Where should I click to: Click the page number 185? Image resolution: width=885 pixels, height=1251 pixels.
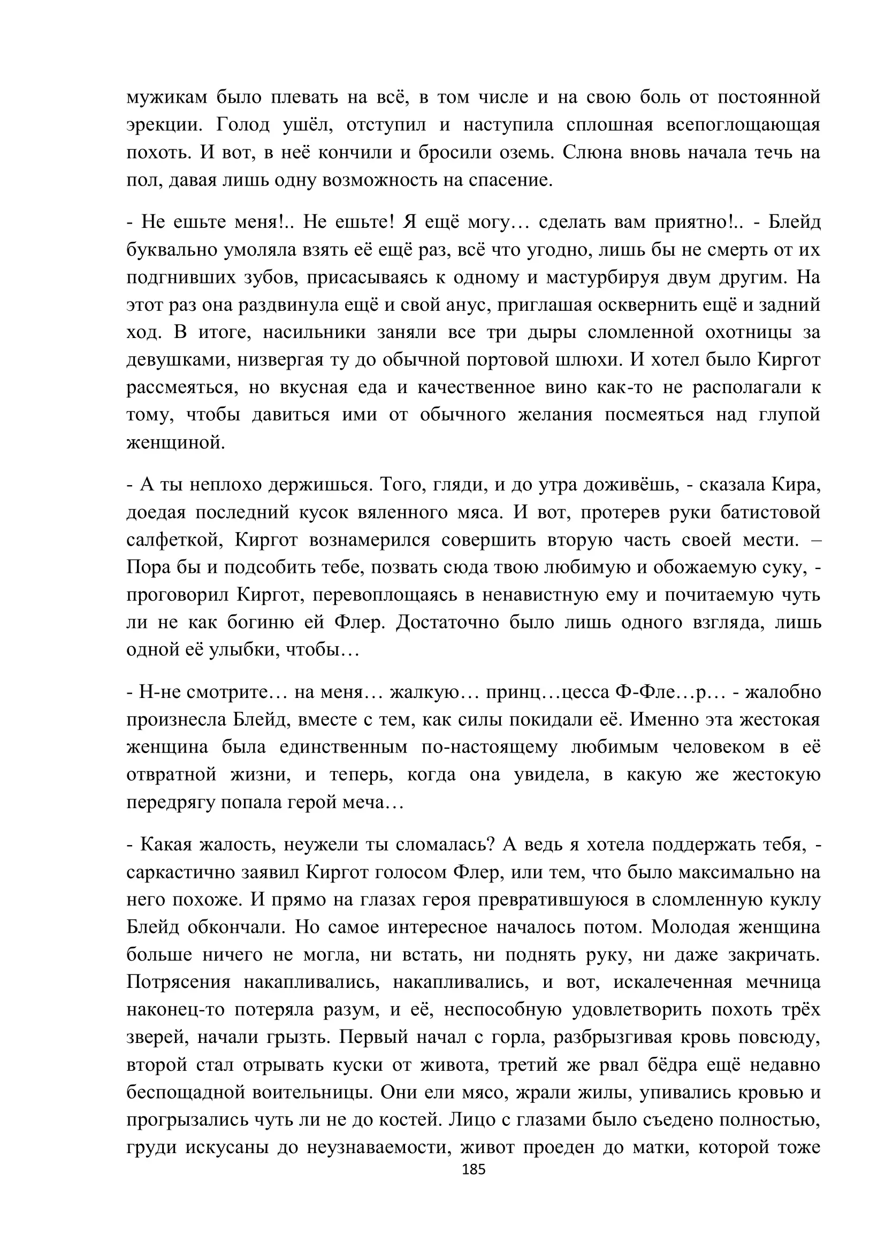click(473, 1169)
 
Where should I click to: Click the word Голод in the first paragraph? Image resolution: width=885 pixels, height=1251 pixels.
click(242, 125)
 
